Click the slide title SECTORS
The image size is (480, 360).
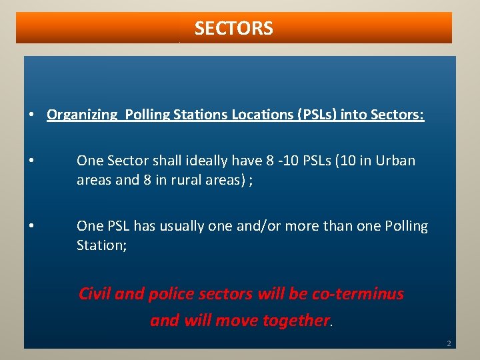(233, 29)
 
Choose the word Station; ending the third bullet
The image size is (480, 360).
(102, 245)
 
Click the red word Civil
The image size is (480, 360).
(95, 293)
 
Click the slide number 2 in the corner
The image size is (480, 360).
(449, 344)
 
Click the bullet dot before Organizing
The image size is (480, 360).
(32, 115)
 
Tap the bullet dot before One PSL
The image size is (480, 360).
(32, 227)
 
